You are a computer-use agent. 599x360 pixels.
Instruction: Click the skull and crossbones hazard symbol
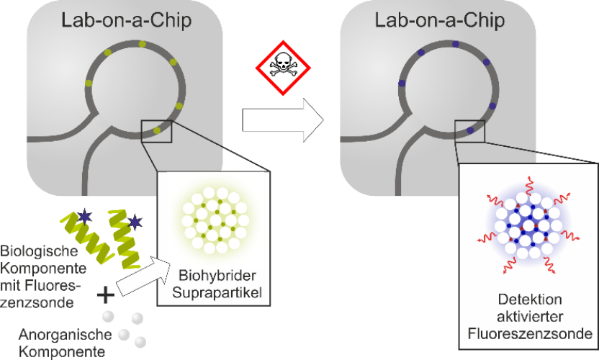pos(283,68)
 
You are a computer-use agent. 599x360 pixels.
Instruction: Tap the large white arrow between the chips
pos(283,120)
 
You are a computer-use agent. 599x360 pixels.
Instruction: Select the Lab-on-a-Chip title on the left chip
pos(127,20)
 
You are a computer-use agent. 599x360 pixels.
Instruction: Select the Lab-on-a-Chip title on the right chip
pos(440,20)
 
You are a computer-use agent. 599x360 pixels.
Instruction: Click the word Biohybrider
pos(217,275)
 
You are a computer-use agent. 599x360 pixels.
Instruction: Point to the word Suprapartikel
pos(217,292)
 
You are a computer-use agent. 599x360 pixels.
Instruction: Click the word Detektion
pos(530,300)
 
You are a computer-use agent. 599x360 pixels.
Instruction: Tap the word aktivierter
pos(530,316)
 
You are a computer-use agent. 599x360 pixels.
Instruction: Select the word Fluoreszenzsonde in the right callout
pos(530,333)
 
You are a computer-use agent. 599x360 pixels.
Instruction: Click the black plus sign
pos(105,295)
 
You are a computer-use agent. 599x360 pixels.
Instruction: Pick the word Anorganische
pos(66,334)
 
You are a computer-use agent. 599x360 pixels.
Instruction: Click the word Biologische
pos(39,251)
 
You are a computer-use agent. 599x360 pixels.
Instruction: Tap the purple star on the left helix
pos(84,217)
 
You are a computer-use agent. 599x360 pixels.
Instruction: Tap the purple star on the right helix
pos(135,222)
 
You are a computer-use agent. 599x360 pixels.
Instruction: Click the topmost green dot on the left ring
pos(142,44)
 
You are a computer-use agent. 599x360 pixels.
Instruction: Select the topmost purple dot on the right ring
pos(455,44)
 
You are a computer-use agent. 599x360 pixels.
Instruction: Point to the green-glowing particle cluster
pos(215,220)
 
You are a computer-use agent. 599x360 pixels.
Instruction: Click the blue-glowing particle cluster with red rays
pos(528,225)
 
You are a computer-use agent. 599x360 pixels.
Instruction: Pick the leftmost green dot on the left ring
pos(89,83)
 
